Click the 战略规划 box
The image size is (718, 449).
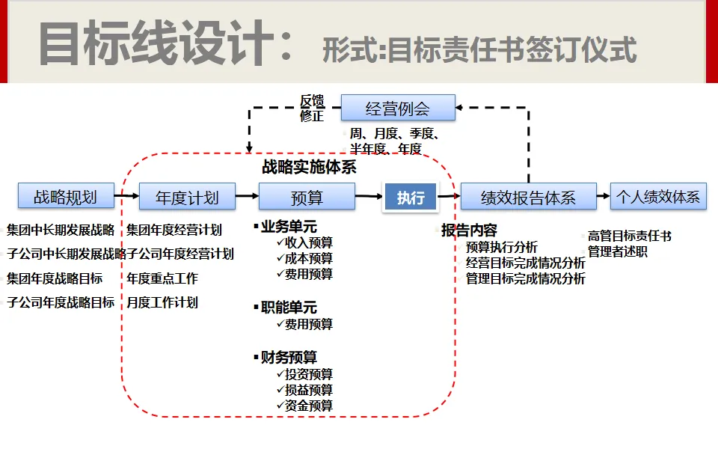click(x=66, y=196)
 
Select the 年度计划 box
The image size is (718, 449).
click(x=187, y=197)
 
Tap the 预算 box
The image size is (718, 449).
click(x=307, y=197)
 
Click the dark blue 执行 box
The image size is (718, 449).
click(x=411, y=198)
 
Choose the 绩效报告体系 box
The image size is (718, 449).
click(x=528, y=197)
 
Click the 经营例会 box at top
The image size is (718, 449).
click(x=398, y=109)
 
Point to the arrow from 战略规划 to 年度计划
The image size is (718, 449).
click(x=127, y=197)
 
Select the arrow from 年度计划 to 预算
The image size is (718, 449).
click(x=247, y=197)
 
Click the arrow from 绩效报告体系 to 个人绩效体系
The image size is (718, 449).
click(x=604, y=197)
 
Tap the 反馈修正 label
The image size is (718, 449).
click(x=311, y=108)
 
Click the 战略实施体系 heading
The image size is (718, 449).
click(x=309, y=167)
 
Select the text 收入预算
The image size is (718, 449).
click(x=308, y=242)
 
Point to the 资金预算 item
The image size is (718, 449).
click(x=308, y=406)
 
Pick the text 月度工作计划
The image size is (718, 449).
click(x=162, y=302)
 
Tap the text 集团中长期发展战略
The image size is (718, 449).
click(x=61, y=230)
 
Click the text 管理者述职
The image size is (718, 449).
click(x=618, y=252)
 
